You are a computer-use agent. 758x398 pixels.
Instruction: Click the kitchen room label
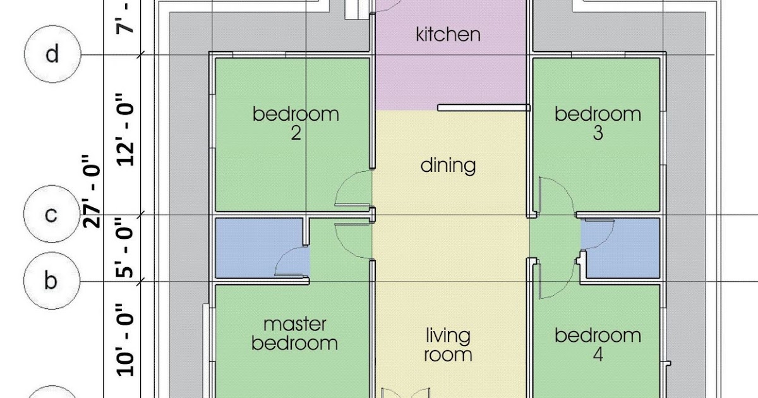point(448,35)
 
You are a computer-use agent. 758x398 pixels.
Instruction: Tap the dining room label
point(448,166)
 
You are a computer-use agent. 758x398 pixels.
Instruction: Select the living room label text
point(448,345)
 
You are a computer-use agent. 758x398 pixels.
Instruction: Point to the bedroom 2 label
point(296,124)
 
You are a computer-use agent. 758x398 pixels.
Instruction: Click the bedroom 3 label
point(598,124)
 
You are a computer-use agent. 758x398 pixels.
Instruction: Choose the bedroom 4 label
point(598,345)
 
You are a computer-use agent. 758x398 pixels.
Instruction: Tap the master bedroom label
point(295,334)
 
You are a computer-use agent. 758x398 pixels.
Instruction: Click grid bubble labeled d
point(52,54)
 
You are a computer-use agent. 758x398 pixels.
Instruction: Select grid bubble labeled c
point(52,214)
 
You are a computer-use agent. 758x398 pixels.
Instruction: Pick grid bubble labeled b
point(52,280)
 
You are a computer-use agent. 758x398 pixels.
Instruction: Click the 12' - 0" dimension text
point(125,130)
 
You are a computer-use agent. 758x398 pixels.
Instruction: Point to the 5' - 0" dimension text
point(125,248)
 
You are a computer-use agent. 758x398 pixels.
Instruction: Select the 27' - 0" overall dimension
point(92,191)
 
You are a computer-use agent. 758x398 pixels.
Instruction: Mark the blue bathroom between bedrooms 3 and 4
point(620,248)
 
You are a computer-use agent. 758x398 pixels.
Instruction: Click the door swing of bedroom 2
point(342,184)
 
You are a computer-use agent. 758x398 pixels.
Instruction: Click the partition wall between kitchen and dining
point(484,107)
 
